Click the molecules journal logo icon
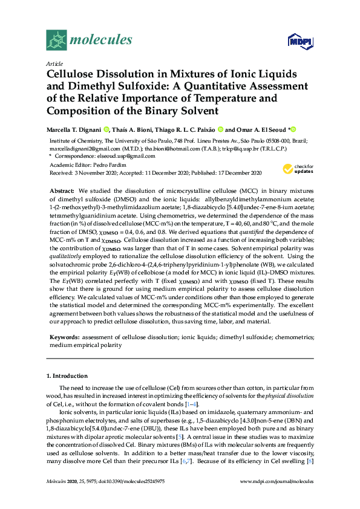point(56,40)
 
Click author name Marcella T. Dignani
point(73,129)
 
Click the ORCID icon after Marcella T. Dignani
point(106,129)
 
